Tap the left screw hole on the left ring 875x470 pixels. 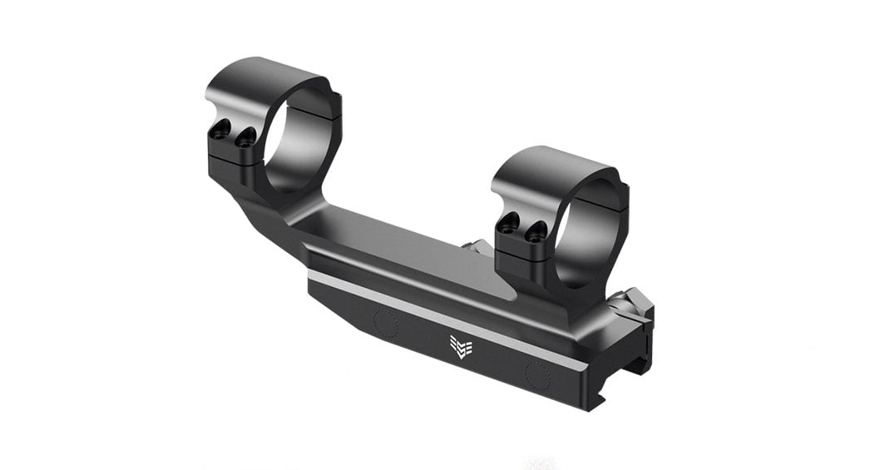[x=220, y=130]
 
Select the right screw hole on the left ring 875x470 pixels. [x=245, y=139]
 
